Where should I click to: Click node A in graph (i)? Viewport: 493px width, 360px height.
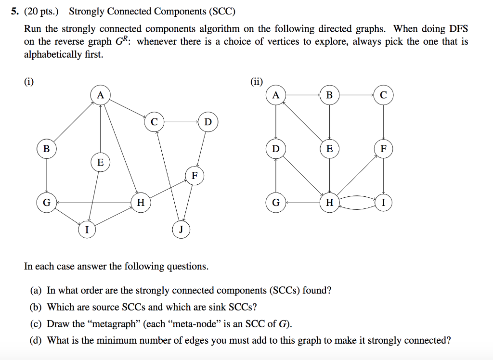click(100, 95)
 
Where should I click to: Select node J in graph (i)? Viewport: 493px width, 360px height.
click(181, 230)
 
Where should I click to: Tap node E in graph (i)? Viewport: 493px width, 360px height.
click(100, 162)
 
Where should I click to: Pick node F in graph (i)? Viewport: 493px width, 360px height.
click(195, 176)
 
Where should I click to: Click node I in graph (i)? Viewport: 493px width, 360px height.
click(87, 230)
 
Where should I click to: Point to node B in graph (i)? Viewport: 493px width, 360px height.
click(46, 149)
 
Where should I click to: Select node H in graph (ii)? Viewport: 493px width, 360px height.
click(329, 203)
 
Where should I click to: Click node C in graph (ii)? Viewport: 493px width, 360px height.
click(383, 95)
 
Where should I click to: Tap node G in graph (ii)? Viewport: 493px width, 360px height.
click(275, 203)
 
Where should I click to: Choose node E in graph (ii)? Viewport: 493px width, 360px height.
click(329, 149)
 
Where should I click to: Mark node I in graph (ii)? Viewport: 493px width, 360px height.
click(383, 203)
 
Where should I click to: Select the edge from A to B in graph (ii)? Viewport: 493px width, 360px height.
click(302, 95)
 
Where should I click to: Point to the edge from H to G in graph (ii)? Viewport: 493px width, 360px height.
click(302, 203)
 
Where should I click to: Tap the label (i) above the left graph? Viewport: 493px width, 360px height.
click(29, 81)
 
